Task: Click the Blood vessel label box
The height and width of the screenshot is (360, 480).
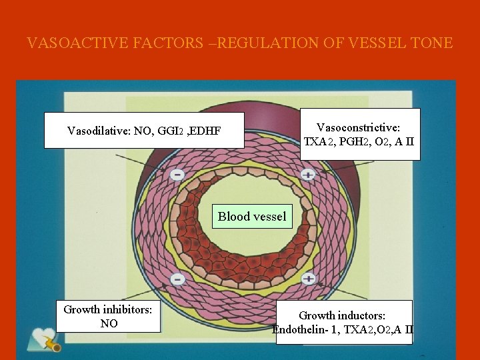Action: click(252, 216)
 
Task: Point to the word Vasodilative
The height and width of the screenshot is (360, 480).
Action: click(99, 131)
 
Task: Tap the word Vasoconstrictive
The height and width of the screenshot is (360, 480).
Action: click(361, 127)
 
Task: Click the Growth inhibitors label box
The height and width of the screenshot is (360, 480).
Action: click(108, 317)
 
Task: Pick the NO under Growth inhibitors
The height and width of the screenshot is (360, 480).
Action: click(108, 324)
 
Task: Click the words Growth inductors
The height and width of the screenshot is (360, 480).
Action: click(342, 315)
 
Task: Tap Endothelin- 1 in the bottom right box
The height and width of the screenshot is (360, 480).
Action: click(306, 329)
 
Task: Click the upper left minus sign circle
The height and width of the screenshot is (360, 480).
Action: click(177, 175)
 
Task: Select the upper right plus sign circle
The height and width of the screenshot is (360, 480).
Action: click(307, 175)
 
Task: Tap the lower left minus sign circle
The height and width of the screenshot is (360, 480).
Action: click(177, 278)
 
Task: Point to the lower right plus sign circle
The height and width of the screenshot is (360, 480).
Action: click(308, 278)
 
